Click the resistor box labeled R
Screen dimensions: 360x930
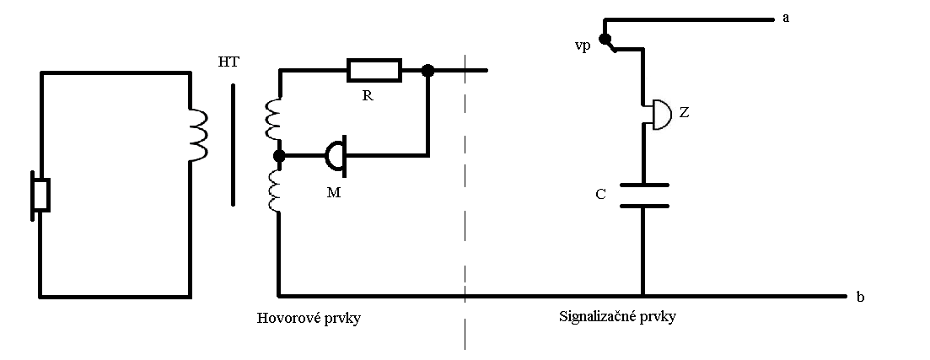tap(374, 71)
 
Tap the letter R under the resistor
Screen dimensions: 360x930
tap(367, 95)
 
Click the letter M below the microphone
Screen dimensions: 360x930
tap(333, 193)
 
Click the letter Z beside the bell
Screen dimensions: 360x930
tap(684, 112)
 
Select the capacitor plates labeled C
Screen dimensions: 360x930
tap(642, 195)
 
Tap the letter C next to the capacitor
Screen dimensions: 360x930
tap(600, 195)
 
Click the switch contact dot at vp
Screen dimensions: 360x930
tap(604, 39)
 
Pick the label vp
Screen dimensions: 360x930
tap(582, 43)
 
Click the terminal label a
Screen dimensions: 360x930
tap(786, 18)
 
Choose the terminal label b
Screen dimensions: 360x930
tap(860, 298)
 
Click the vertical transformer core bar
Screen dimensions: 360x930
tap(234, 144)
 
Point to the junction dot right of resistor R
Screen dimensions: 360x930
tap(427, 72)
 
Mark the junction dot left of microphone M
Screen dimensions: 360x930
tap(279, 156)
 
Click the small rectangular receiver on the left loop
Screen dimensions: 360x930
tap(40, 195)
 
